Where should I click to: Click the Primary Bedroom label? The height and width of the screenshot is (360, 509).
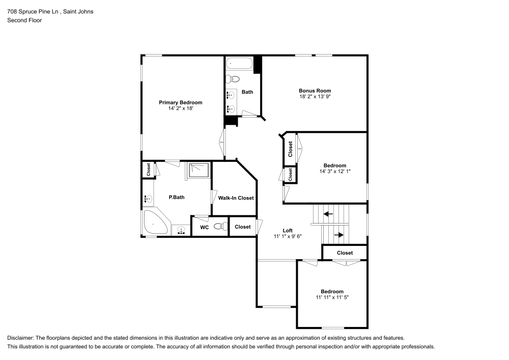180,102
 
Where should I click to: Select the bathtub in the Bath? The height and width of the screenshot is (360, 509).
239,64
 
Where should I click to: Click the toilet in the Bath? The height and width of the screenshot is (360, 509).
233,79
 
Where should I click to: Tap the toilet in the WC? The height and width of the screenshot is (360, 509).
220,227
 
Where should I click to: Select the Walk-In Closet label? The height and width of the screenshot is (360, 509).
236,198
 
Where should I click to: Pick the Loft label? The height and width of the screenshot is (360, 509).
288,230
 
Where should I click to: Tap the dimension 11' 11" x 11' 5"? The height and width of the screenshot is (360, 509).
332,297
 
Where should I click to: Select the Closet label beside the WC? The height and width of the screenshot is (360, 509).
243,227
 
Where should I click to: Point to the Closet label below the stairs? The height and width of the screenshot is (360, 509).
345,253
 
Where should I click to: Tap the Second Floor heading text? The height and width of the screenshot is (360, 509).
24,20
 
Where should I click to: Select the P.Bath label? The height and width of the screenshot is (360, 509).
176,197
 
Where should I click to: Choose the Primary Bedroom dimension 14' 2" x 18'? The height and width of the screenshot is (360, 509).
180,108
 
